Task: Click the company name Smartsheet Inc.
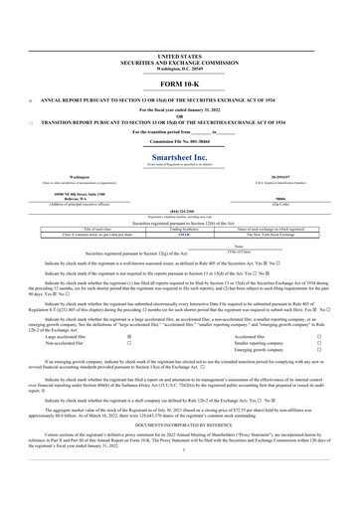point(180,129)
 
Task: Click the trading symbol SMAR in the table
point(180,205)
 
